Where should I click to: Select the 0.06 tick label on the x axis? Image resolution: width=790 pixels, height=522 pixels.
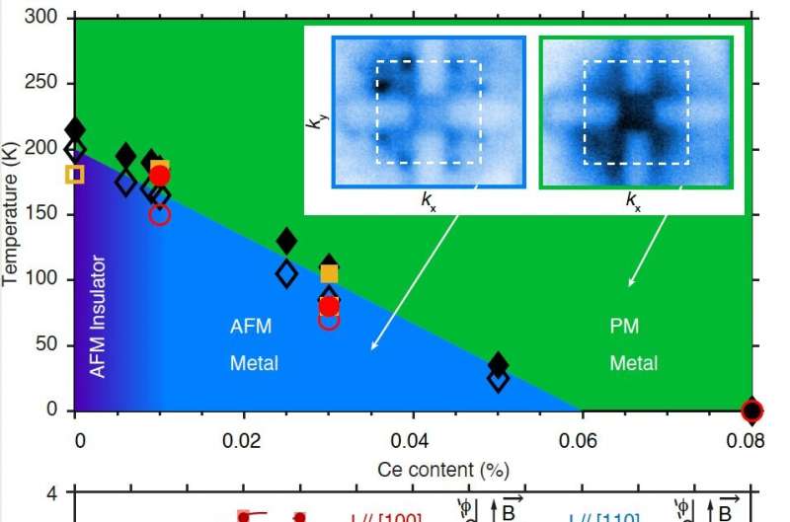583,439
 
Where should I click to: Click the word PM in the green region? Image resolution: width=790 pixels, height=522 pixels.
625,327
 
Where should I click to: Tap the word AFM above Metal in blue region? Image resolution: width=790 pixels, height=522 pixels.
250,327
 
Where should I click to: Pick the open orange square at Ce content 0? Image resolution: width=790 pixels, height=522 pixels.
75,174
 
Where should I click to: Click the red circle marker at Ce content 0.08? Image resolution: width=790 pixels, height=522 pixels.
752,410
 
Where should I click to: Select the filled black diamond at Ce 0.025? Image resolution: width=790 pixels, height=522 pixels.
286,241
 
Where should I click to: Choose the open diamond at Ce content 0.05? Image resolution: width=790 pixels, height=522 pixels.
499,379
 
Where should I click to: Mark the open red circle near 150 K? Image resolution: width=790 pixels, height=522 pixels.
160,214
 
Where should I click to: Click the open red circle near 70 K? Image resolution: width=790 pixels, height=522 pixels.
330,319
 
